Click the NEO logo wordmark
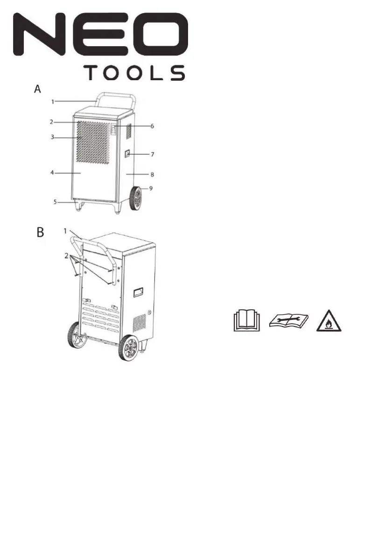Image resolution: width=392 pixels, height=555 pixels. tap(101, 35)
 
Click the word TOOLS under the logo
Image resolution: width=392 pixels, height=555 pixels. tap(135, 73)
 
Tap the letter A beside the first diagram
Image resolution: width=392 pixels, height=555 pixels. tap(37, 89)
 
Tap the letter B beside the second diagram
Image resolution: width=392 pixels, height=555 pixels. tap(41, 232)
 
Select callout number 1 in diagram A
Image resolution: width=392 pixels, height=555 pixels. tap(53, 102)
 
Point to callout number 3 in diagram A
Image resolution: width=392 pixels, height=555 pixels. tap(52, 137)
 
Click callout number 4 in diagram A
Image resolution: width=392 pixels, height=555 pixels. tap(52, 173)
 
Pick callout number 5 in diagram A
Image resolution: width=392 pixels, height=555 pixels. tap(55, 202)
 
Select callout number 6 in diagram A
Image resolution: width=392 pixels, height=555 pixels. tap(152, 126)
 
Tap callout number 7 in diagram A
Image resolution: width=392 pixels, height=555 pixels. tap(152, 154)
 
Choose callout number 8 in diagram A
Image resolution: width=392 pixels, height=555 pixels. tap(152, 174)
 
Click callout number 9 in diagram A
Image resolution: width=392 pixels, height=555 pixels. tap(151, 188)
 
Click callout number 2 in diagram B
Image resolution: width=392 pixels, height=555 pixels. tap(66, 256)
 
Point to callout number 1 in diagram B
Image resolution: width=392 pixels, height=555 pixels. tap(65, 231)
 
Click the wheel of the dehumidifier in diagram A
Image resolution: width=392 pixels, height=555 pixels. tap(135, 199)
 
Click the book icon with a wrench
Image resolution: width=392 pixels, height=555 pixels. tap(289, 321)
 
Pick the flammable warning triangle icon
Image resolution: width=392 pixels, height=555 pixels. tap(329, 321)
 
